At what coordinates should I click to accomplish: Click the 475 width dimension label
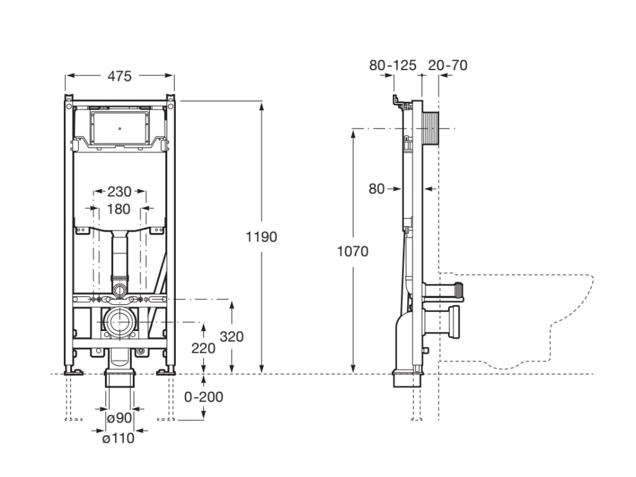(120, 76)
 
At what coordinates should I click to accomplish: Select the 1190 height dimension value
(261, 237)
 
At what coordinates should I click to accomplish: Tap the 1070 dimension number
(353, 252)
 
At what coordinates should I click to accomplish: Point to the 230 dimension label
(119, 191)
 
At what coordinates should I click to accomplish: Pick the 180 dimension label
(119, 209)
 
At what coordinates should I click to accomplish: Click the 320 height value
(232, 336)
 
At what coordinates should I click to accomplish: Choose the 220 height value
(203, 348)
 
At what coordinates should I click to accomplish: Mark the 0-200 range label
(204, 397)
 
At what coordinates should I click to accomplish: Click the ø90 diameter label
(120, 417)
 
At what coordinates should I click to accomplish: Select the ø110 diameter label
(118, 438)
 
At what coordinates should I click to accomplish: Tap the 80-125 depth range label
(393, 65)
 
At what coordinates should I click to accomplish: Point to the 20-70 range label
(448, 65)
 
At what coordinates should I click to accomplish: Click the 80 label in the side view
(376, 189)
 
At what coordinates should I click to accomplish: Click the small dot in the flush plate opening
(120, 129)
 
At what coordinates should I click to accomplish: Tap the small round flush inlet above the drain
(120, 289)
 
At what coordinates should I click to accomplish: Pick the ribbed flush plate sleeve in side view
(430, 129)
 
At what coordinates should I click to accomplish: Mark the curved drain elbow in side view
(402, 329)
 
